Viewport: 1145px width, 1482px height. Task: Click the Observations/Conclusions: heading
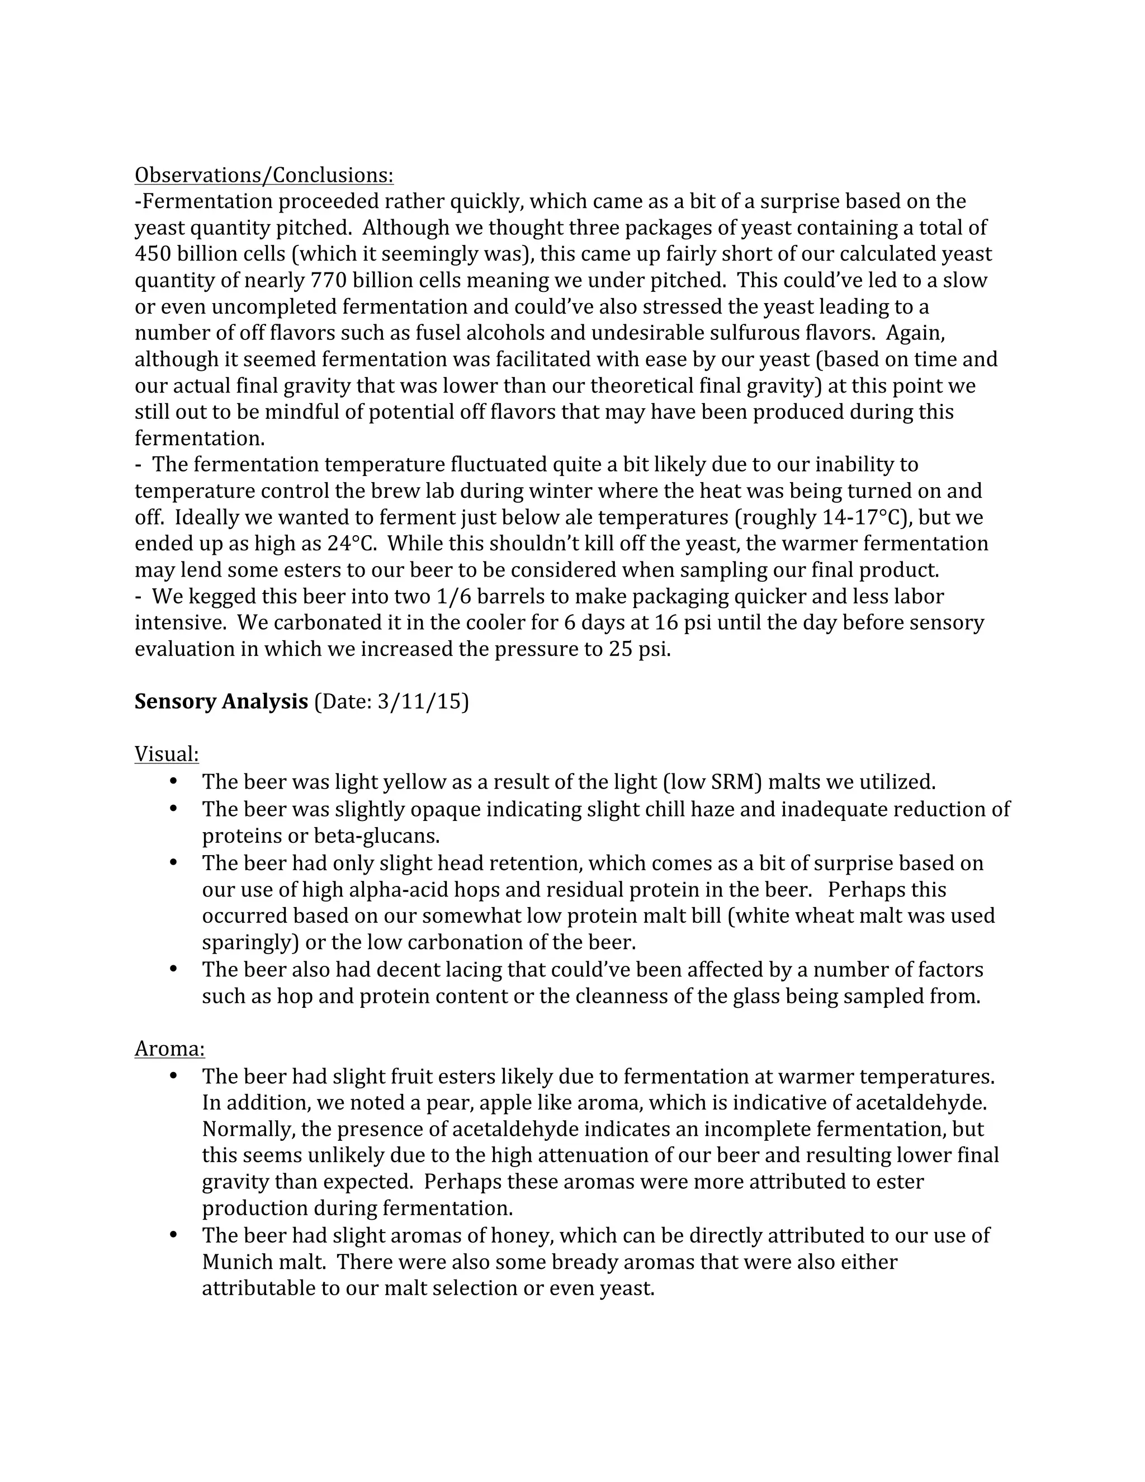(264, 175)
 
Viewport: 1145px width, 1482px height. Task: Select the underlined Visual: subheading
(167, 754)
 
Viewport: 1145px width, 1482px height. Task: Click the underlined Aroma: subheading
(169, 1049)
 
